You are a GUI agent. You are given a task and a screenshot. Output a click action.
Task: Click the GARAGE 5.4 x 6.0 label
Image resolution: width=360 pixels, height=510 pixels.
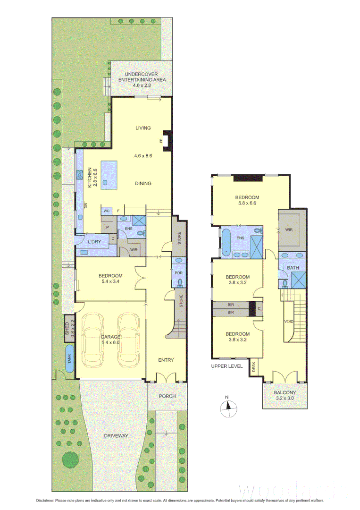tap(110, 340)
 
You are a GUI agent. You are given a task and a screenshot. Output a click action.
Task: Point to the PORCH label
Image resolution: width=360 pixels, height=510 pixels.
tap(167, 396)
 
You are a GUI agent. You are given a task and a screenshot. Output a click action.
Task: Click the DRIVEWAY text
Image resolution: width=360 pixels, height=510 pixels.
tap(116, 435)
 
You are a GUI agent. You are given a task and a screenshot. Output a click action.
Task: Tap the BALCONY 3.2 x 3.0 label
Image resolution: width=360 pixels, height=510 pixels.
tap(285, 395)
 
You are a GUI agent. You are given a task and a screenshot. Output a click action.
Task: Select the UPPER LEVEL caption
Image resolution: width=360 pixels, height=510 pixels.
tap(227, 366)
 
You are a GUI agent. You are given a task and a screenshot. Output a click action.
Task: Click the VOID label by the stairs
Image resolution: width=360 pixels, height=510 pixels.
tap(289, 321)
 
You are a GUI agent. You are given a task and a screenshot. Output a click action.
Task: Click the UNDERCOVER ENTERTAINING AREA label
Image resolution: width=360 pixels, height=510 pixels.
tap(142, 77)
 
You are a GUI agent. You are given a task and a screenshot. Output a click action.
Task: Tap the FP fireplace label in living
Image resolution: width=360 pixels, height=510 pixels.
tap(161, 140)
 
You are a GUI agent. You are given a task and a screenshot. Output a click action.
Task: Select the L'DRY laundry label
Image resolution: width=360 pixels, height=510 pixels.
tap(95, 242)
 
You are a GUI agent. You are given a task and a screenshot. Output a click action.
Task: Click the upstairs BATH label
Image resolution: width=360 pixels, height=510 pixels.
tap(293, 268)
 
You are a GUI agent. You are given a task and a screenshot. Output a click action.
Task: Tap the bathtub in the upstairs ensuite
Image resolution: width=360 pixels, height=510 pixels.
tap(226, 242)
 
